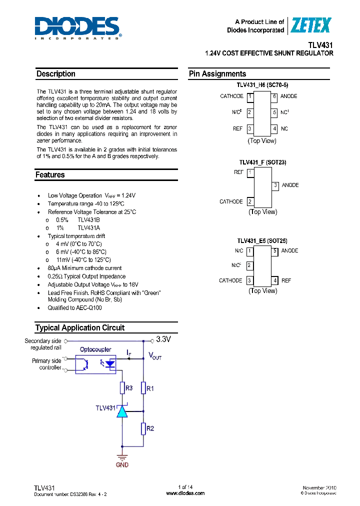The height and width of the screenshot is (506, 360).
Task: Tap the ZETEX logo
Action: tap(311, 25)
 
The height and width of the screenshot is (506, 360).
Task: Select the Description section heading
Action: tap(56, 74)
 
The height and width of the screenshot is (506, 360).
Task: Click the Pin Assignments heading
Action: tap(217, 74)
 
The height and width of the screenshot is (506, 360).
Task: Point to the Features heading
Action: tap(50, 175)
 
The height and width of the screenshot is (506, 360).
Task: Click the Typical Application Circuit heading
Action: tap(80, 328)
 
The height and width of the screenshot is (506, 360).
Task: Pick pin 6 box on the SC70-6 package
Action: tap(274, 96)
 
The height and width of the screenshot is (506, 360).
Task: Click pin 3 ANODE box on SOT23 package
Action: tap(275, 185)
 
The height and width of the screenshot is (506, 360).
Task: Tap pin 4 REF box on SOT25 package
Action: tap(274, 280)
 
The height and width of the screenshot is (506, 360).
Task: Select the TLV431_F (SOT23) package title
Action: tap(262, 162)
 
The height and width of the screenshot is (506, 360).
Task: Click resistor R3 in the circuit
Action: tap(121, 388)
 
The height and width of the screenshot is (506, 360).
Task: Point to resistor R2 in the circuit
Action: tap(143, 428)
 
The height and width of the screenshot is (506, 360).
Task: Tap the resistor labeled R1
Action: tap(143, 388)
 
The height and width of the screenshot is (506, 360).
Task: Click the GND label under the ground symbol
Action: tap(122, 465)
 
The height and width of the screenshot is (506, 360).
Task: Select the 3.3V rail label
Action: tap(163, 339)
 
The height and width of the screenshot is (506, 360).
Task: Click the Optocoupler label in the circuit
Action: tap(95, 349)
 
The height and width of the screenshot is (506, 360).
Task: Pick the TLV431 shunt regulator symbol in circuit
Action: tap(121, 411)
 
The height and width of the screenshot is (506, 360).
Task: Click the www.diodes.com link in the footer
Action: tap(185, 493)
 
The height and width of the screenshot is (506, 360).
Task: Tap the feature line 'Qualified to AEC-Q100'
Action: tap(74, 308)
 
